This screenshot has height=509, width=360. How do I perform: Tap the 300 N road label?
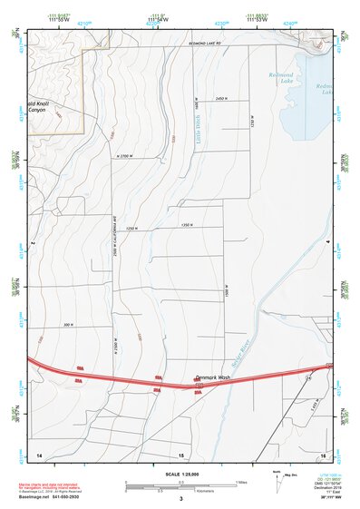point(67,325)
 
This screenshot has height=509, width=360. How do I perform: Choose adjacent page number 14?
point(39,453)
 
